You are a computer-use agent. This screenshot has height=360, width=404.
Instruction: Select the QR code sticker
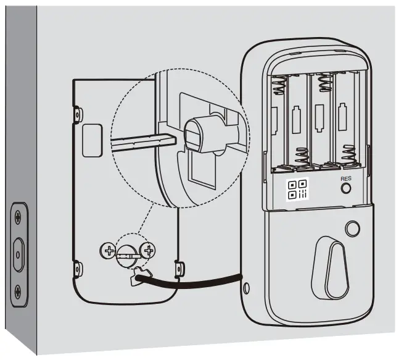pos(298,189)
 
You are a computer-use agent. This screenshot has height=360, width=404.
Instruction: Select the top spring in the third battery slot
pos(320,82)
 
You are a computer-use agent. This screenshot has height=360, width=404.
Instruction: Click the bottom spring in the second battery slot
pos(301,158)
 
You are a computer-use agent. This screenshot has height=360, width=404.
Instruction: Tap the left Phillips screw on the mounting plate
pos(108,251)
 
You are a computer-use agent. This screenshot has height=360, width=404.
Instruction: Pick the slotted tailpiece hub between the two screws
pos(128,251)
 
